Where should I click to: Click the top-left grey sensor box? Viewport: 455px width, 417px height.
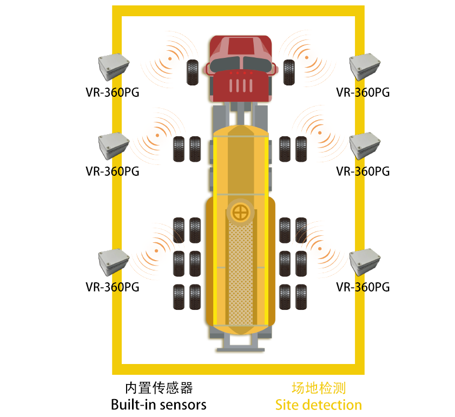click(x=114, y=67)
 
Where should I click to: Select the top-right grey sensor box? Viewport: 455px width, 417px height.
click(x=365, y=67)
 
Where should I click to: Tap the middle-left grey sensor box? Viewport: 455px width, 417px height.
click(x=114, y=145)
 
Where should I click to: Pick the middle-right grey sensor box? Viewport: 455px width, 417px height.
click(x=365, y=145)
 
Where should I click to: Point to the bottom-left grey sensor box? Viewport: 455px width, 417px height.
click(x=114, y=262)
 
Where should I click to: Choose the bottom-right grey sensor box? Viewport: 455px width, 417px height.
click(x=365, y=262)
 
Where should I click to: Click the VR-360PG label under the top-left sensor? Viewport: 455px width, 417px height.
click(x=113, y=92)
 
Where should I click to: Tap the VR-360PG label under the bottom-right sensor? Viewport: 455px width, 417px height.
click(x=362, y=287)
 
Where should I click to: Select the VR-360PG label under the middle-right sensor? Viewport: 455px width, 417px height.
click(x=362, y=171)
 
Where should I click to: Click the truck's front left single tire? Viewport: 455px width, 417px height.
click(x=193, y=72)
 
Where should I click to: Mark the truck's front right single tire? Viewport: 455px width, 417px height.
click(x=289, y=72)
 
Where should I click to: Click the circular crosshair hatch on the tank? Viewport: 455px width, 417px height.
click(x=241, y=213)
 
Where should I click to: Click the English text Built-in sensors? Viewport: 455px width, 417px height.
click(x=159, y=405)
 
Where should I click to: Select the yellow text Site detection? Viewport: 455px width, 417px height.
click(x=318, y=405)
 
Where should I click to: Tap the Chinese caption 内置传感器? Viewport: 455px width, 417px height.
click(x=159, y=388)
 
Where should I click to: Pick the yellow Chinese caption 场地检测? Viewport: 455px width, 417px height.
click(x=319, y=388)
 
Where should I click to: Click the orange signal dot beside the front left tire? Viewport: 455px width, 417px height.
click(x=170, y=58)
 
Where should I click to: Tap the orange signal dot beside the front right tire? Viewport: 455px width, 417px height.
click(x=307, y=57)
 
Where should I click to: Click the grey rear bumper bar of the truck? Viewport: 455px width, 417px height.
click(x=241, y=350)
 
